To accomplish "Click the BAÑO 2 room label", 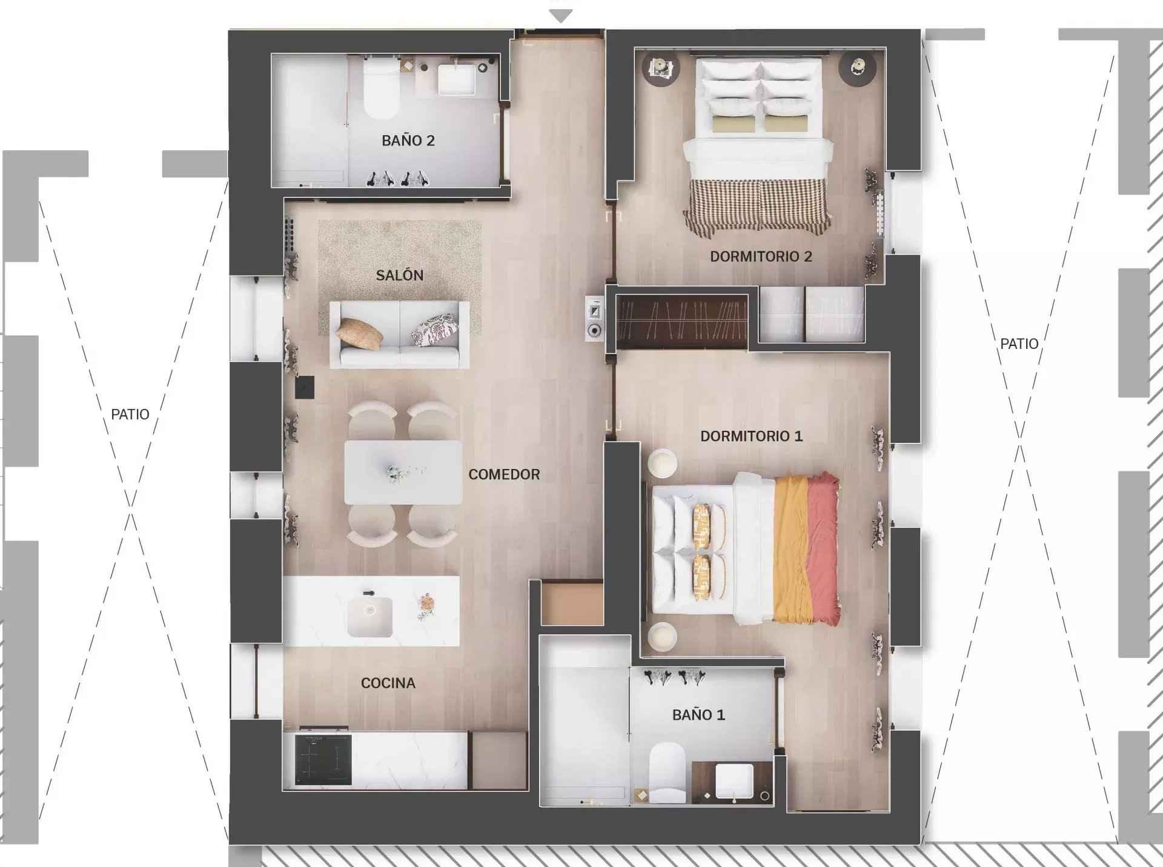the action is [408, 141].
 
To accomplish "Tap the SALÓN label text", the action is [399, 275].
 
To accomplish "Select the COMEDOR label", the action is [504, 474].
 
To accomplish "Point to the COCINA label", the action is [388, 683].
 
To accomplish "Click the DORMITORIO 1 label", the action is [751, 436].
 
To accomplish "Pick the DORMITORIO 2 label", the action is [761, 256].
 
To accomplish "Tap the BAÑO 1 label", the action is [698, 715].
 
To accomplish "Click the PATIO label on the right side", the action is [1019, 344].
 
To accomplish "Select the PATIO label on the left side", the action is [130, 414].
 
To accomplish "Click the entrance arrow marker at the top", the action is [561, 16].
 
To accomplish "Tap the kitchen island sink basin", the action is [369, 617].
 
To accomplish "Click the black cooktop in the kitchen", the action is [323, 759].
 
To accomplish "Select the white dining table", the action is [403, 472].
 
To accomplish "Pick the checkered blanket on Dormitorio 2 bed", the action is [757, 206].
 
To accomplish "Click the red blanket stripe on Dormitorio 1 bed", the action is [823, 549].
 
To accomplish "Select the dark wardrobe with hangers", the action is [682, 322].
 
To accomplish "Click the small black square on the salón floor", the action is [305, 388].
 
